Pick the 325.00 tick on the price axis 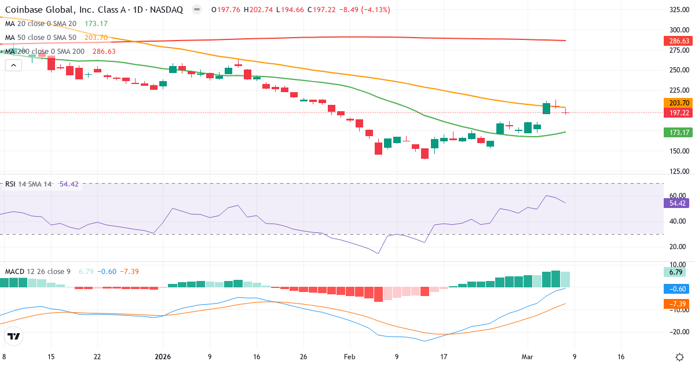[x=678, y=10]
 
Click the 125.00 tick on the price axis [x=678, y=171]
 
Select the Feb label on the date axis [x=349, y=357]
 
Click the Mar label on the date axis [x=528, y=357]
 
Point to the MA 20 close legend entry [x=41, y=24]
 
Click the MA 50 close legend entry [x=41, y=38]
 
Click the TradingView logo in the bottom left [x=14, y=336]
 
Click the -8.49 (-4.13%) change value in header [x=365, y=10]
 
